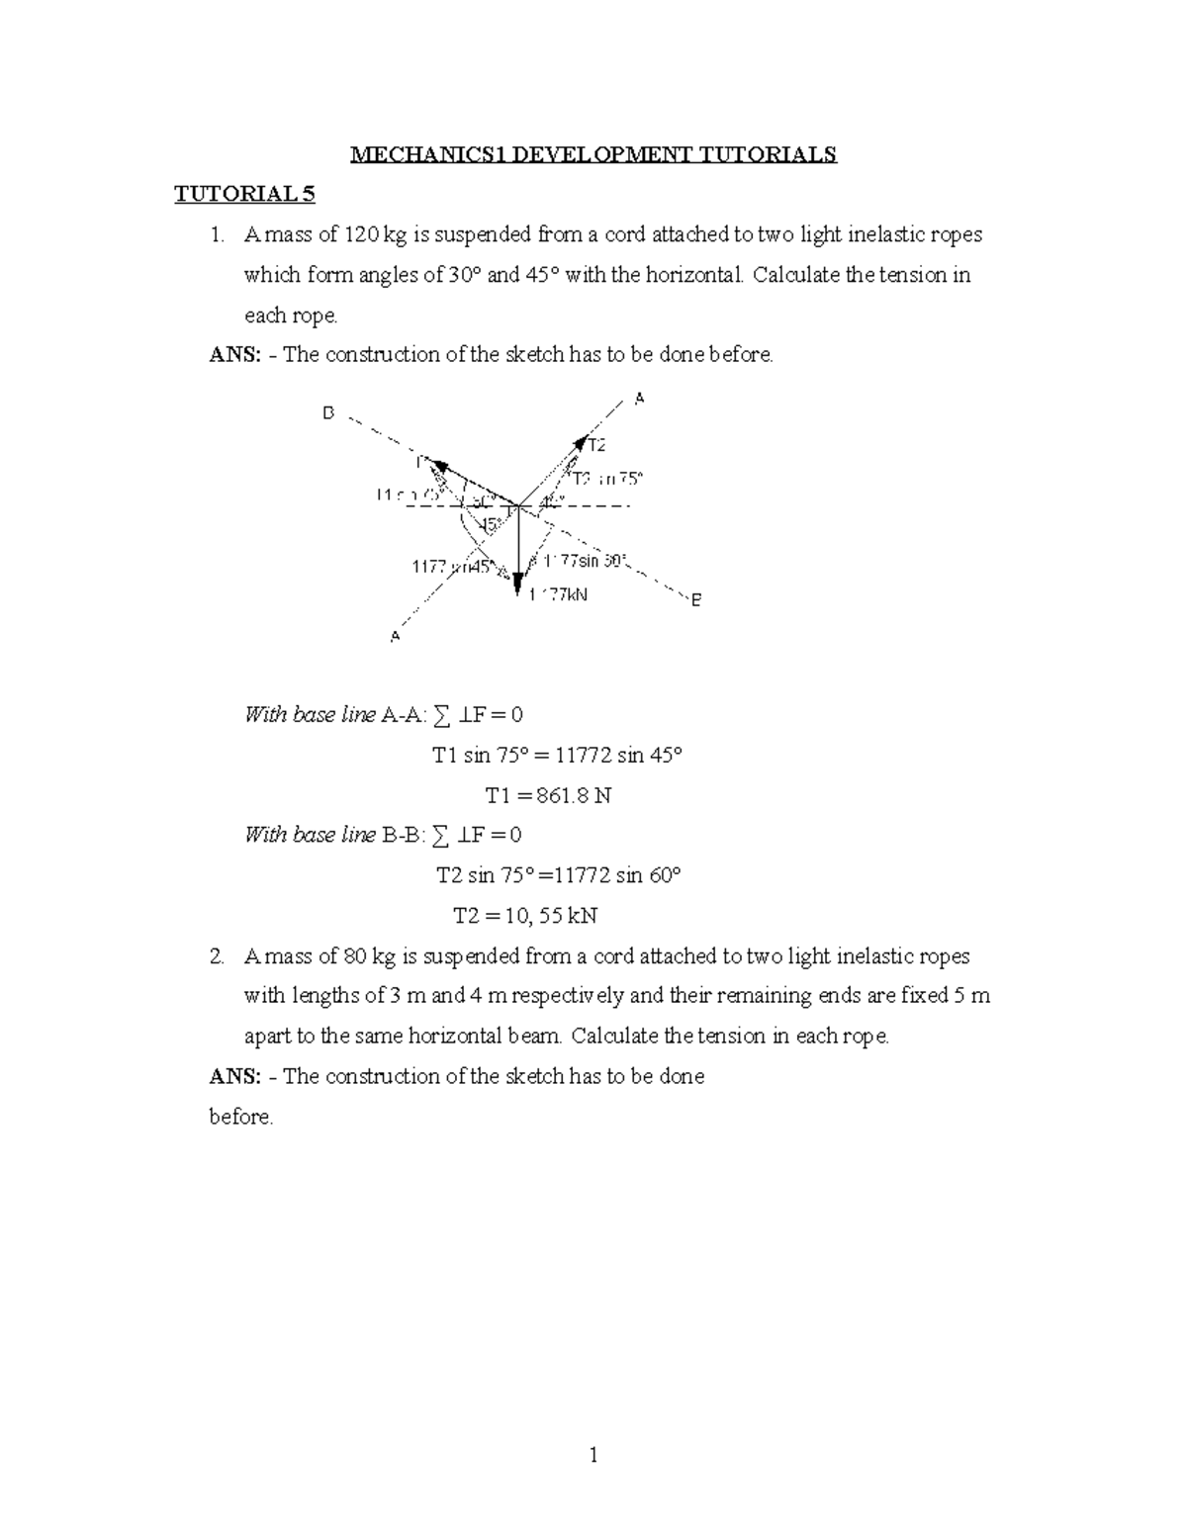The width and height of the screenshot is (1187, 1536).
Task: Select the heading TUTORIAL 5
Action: point(244,194)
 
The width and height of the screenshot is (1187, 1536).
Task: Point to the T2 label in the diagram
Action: point(596,445)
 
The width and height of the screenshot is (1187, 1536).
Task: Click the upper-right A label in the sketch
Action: point(639,398)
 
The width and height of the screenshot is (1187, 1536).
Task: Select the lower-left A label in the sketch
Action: point(395,636)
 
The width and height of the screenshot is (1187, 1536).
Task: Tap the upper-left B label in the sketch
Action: point(328,413)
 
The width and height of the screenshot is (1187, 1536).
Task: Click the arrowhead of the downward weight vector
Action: point(517,588)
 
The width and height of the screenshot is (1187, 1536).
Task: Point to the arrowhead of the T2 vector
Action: point(581,441)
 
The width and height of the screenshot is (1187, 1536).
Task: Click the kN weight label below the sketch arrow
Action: point(559,595)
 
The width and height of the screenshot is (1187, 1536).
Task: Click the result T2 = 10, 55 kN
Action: point(525,915)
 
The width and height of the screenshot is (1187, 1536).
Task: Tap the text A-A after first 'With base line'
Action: point(398,715)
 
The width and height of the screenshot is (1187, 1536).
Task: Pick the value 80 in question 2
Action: point(354,956)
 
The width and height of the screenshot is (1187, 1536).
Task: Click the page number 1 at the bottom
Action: point(593,1455)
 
